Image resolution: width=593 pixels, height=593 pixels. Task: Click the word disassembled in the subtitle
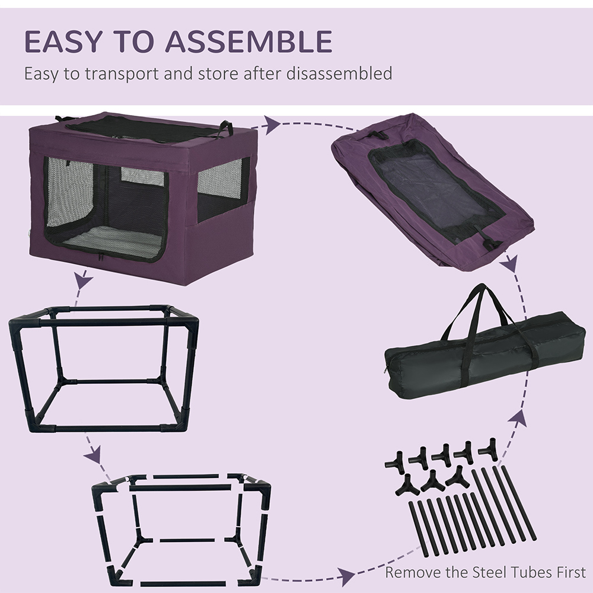[x=339, y=73]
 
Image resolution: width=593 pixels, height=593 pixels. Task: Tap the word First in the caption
[x=570, y=572]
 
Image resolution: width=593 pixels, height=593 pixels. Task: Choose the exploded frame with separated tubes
[x=181, y=529]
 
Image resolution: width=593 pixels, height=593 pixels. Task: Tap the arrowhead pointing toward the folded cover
[x=272, y=125]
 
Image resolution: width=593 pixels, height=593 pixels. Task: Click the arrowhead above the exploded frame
[x=93, y=454]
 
